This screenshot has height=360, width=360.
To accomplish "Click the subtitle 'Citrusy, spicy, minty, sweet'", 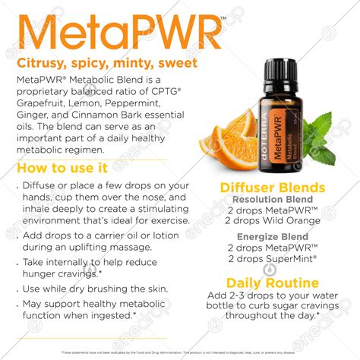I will pos(106,63).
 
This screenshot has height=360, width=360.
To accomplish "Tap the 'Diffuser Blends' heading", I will pos(272,188).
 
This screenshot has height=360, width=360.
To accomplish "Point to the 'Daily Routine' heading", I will pos(271,283).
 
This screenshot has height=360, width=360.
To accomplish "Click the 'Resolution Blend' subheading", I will pos(272,199).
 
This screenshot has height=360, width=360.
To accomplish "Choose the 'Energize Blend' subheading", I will pos(271,235).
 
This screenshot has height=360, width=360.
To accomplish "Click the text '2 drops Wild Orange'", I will pos(271,221).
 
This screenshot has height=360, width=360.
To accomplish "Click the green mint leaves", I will pos(319,141).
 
